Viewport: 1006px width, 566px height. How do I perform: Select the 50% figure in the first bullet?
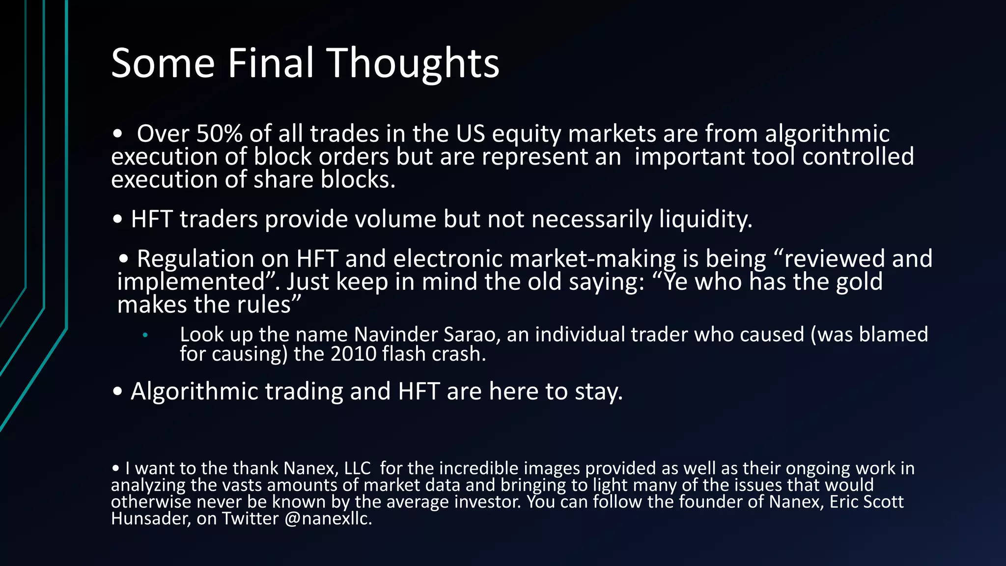coord(219,134)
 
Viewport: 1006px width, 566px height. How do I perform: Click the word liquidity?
coord(705,219)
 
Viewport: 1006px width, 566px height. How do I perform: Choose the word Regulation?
coord(196,259)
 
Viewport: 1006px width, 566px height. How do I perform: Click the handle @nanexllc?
coord(328,519)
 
